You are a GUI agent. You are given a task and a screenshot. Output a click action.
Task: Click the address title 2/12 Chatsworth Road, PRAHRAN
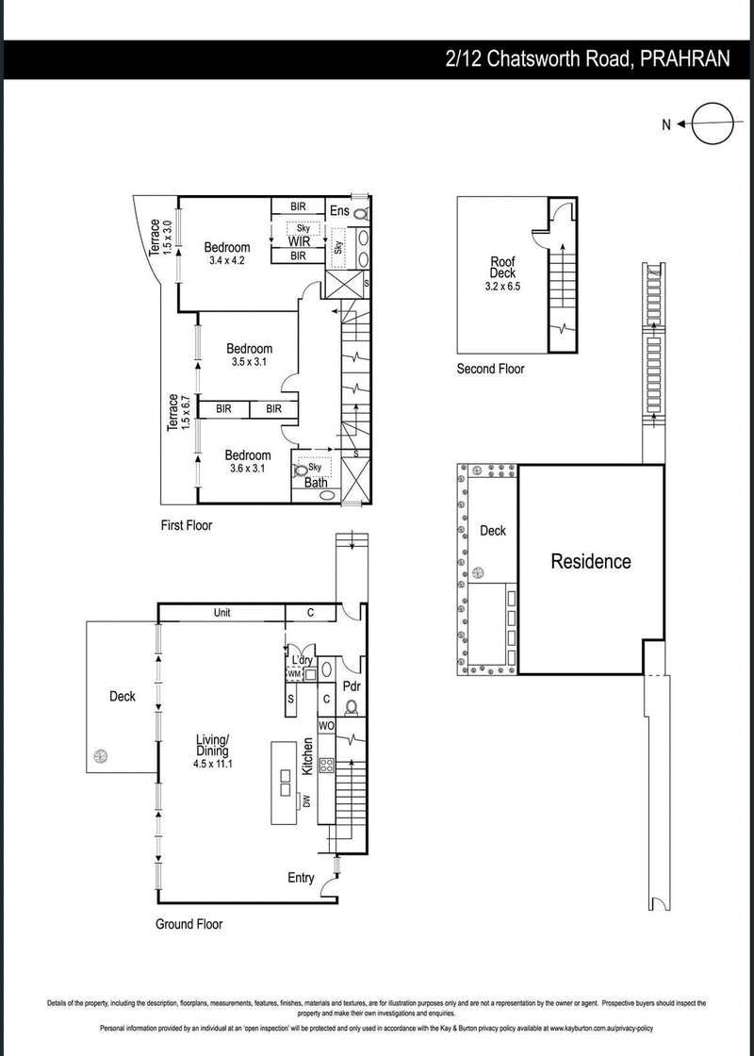(587, 58)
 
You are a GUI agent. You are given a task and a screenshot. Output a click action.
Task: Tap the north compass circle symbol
(712, 124)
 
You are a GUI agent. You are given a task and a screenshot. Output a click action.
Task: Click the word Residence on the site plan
(591, 562)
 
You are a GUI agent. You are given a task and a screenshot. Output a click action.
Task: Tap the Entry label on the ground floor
(301, 878)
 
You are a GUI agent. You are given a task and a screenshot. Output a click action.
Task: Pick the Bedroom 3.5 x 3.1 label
(250, 355)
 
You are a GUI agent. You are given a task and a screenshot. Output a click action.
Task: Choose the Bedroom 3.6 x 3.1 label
(248, 461)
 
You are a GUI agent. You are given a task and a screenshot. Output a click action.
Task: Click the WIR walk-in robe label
(299, 241)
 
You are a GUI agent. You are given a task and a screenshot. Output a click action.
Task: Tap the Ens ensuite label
(339, 211)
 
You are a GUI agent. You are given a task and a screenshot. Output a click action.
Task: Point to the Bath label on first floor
(316, 483)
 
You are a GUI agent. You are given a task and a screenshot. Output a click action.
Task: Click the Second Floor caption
(490, 369)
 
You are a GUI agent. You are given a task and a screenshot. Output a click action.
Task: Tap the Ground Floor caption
(189, 924)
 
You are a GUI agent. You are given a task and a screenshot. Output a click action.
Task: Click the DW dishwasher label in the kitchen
(306, 802)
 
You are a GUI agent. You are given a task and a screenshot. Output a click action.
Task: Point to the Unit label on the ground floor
(221, 613)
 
